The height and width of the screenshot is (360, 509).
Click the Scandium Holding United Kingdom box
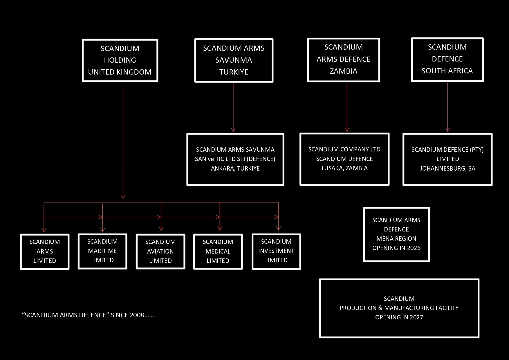click(120, 60)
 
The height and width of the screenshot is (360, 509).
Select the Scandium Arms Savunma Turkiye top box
click(234, 60)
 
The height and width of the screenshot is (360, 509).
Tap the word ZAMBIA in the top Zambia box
click(344, 71)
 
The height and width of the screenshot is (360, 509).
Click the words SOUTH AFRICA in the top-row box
click(447, 71)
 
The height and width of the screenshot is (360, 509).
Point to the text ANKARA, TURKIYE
click(235, 169)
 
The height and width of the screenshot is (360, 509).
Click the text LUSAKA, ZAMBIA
click(344, 168)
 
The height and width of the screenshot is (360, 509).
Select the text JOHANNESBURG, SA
click(447, 169)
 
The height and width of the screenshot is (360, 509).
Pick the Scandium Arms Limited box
click(45, 252)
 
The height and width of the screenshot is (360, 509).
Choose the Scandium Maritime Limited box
click(102, 251)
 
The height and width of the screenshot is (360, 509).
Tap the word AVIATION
click(160, 252)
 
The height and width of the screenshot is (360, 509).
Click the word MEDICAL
click(218, 252)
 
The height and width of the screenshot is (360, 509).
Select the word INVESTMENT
click(276, 251)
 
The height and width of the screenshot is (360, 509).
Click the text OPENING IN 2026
click(396, 248)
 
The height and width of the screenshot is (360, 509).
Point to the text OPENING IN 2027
click(399, 317)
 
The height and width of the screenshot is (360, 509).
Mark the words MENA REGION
click(396, 239)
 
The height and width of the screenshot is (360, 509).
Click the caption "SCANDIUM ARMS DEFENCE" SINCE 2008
click(88, 315)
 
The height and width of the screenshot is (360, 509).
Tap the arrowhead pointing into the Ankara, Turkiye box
click(233, 130)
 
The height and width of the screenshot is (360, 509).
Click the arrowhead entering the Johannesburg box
click(447, 130)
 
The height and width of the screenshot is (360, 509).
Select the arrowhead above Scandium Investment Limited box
click(279, 229)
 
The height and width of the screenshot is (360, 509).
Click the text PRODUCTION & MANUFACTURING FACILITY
click(399, 308)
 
